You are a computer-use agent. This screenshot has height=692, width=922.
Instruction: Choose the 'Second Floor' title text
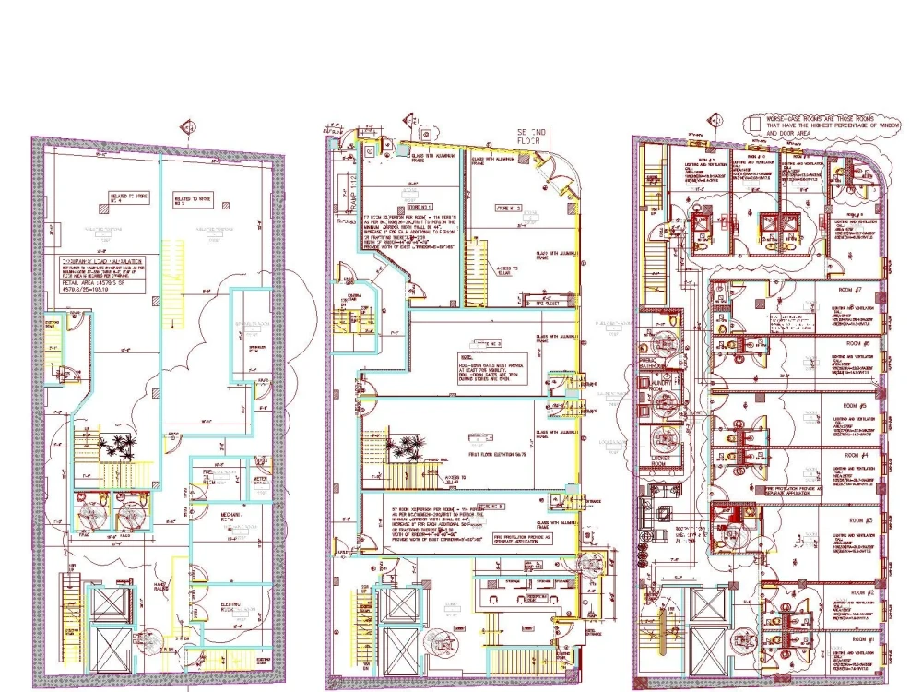[533, 137]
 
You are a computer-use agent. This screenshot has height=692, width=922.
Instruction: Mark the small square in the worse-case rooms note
[755, 121]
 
